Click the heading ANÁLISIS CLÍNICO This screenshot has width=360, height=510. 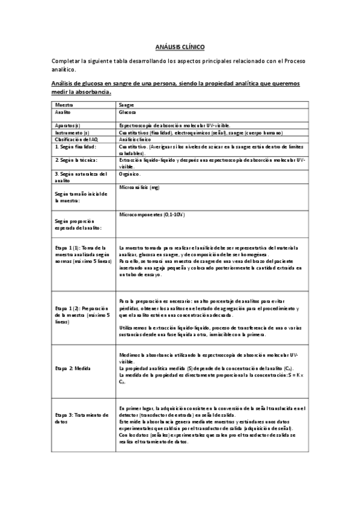tap(180, 46)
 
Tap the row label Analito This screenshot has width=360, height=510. tap(63, 112)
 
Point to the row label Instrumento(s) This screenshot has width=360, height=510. tap(72, 131)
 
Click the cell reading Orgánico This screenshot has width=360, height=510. tap(130, 174)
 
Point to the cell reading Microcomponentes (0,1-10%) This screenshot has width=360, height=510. tap(151, 215)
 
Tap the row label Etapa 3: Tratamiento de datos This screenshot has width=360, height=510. tap(81, 419)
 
